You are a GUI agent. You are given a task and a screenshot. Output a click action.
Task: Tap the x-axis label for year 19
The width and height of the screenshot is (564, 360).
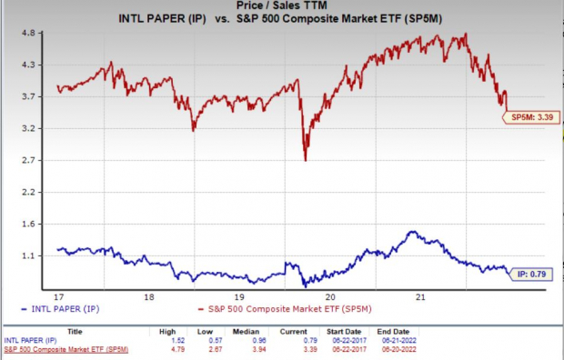point(239,296)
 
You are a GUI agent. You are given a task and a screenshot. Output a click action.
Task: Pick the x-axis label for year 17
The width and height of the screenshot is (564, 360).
point(58,296)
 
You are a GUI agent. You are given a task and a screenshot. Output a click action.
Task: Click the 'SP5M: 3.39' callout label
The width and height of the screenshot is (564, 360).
point(530,115)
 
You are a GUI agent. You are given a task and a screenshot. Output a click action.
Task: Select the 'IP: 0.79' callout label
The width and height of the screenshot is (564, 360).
point(534,272)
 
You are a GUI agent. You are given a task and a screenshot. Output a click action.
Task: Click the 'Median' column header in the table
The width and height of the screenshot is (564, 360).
point(297,332)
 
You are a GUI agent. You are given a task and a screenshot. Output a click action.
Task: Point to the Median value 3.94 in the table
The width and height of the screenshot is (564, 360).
point(297,348)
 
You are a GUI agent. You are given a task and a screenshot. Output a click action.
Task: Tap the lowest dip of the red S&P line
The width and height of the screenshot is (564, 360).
point(305,160)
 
